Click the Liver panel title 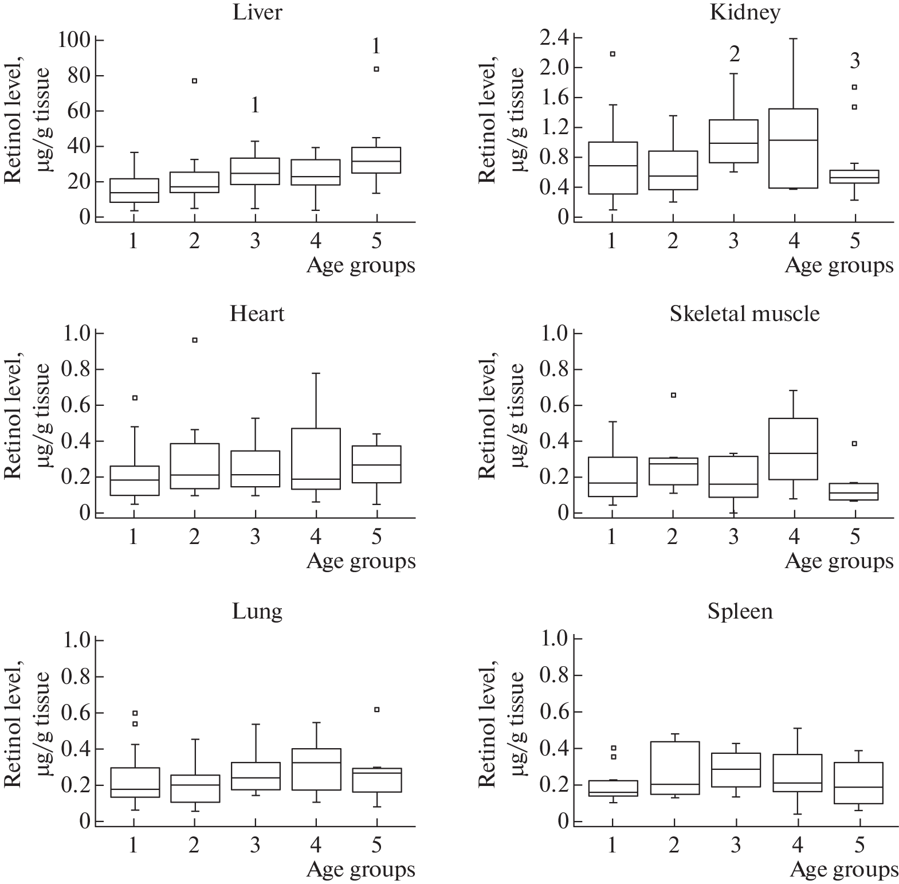point(257,13)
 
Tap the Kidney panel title point(744,13)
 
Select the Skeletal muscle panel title point(744,314)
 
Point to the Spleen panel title point(740,611)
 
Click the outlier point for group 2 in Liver point(194,81)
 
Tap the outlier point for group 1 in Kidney point(613,54)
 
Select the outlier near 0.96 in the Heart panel point(194,340)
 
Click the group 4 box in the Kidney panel point(794,148)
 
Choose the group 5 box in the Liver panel point(376,160)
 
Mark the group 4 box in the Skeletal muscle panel point(794,449)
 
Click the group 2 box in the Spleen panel point(674,768)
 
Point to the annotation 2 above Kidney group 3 point(734,54)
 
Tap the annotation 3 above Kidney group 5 point(854,61)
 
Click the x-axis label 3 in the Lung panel point(255,845)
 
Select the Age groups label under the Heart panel point(361,561)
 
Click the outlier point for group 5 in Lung point(376,710)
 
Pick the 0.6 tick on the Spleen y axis point(554,713)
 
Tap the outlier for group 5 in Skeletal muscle point(854,443)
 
